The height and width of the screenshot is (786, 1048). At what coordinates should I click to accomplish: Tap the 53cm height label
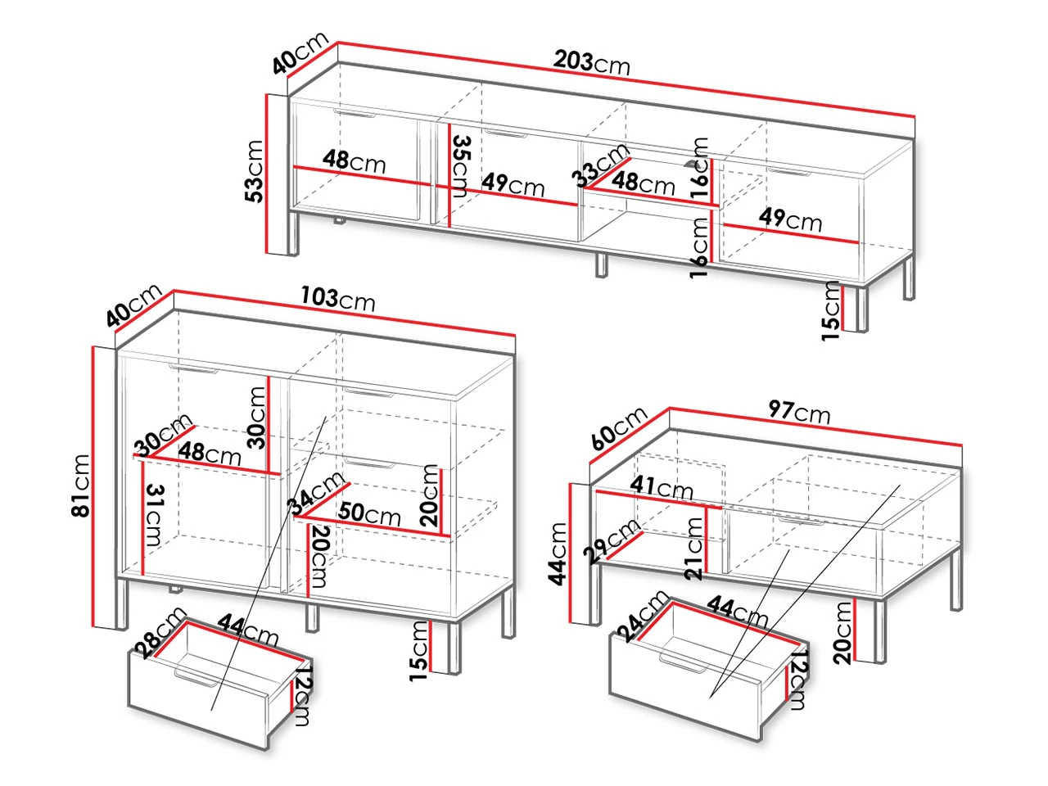pyautogui.click(x=253, y=171)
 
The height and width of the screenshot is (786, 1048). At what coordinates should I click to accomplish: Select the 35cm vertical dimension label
pyautogui.click(x=461, y=166)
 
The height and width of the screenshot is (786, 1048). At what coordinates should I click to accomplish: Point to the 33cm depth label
pyautogui.click(x=600, y=165)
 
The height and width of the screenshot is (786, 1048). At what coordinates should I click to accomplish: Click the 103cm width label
pyautogui.click(x=338, y=299)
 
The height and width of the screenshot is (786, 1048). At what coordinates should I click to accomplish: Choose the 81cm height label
pyautogui.click(x=81, y=485)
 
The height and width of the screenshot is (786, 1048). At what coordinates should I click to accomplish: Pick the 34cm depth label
pyautogui.click(x=315, y=494)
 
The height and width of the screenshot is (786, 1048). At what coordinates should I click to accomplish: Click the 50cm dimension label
pyautogui.click(x=368, y=514)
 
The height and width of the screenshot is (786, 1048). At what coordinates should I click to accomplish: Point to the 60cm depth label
pyautogui.click(x=619, y=428)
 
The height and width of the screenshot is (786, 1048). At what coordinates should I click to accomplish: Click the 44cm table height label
pyautogui.click(x=558, y=553)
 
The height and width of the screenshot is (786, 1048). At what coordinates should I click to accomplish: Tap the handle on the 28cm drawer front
pyautogui.click(x=195, y=677)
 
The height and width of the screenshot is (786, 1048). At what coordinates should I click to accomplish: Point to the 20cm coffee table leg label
pyautogui.click(x=842, y=633)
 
